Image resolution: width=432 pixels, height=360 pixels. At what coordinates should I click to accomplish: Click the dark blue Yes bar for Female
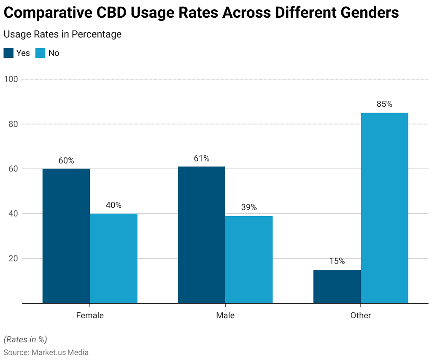point(66,236)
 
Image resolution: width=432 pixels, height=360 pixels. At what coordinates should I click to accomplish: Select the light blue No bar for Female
point(113,258)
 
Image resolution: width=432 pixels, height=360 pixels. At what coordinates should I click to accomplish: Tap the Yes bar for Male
point(202,235)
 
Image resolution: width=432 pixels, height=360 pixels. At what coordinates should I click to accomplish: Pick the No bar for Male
point(249,259)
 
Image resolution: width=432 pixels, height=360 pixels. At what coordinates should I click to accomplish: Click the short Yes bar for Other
point(337,286)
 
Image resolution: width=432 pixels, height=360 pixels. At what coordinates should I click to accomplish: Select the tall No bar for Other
point(384,208)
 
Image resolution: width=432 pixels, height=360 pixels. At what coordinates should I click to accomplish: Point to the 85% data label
point(384,104)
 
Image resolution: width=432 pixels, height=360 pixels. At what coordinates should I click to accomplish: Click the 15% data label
point(337,261)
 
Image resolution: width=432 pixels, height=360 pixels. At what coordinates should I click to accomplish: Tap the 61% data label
point(202,159)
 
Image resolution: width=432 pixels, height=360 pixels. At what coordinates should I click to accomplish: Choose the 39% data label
point(249,207)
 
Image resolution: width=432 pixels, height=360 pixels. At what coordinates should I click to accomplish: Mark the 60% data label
point(66,161)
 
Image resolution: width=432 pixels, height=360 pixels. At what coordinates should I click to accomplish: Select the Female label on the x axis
point(90,315)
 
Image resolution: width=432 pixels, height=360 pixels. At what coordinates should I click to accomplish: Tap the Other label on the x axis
point(361,315)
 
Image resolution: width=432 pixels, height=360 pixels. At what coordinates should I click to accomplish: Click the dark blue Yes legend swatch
point(8,53)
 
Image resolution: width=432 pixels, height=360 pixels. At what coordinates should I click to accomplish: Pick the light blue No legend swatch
point(40,53)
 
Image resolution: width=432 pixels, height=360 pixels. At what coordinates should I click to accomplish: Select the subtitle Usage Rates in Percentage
point(62,34)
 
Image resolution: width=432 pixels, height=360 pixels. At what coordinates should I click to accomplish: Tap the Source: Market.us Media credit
point(46,352)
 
